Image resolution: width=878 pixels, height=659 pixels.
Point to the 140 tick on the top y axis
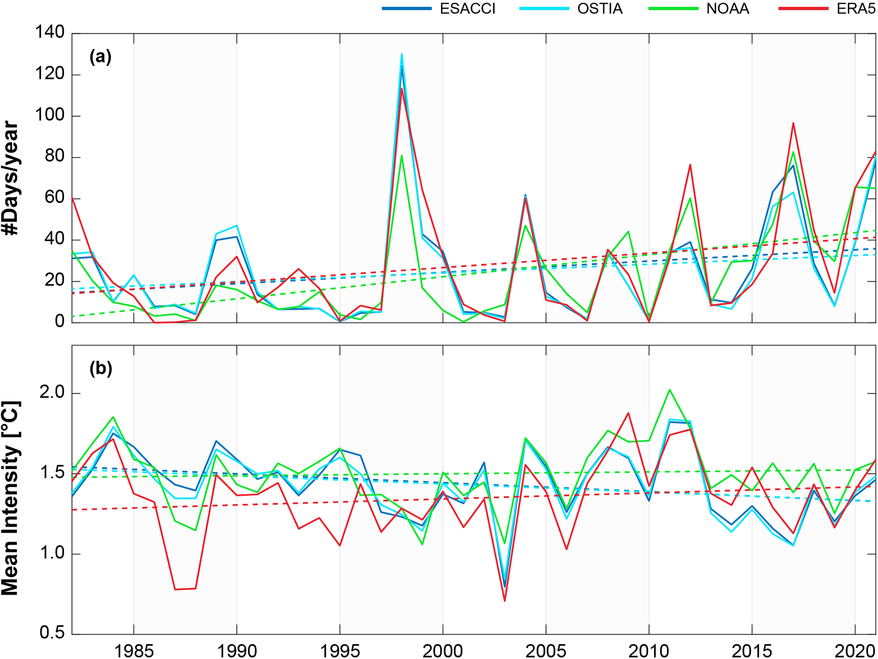[50, 32]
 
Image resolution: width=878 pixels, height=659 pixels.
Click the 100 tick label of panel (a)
[50, 115]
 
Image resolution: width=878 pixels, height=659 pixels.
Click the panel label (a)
[100, 56]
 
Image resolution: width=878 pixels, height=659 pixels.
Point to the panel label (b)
[101, 368]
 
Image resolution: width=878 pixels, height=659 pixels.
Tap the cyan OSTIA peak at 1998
[401, 54]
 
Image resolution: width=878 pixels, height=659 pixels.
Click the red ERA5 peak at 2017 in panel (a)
[793, 123]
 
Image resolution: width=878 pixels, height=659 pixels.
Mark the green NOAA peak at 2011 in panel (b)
[669, 389]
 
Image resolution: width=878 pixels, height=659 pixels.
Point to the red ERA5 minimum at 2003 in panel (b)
[505, 601]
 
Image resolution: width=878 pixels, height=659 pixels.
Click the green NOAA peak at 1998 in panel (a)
[401, 156]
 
